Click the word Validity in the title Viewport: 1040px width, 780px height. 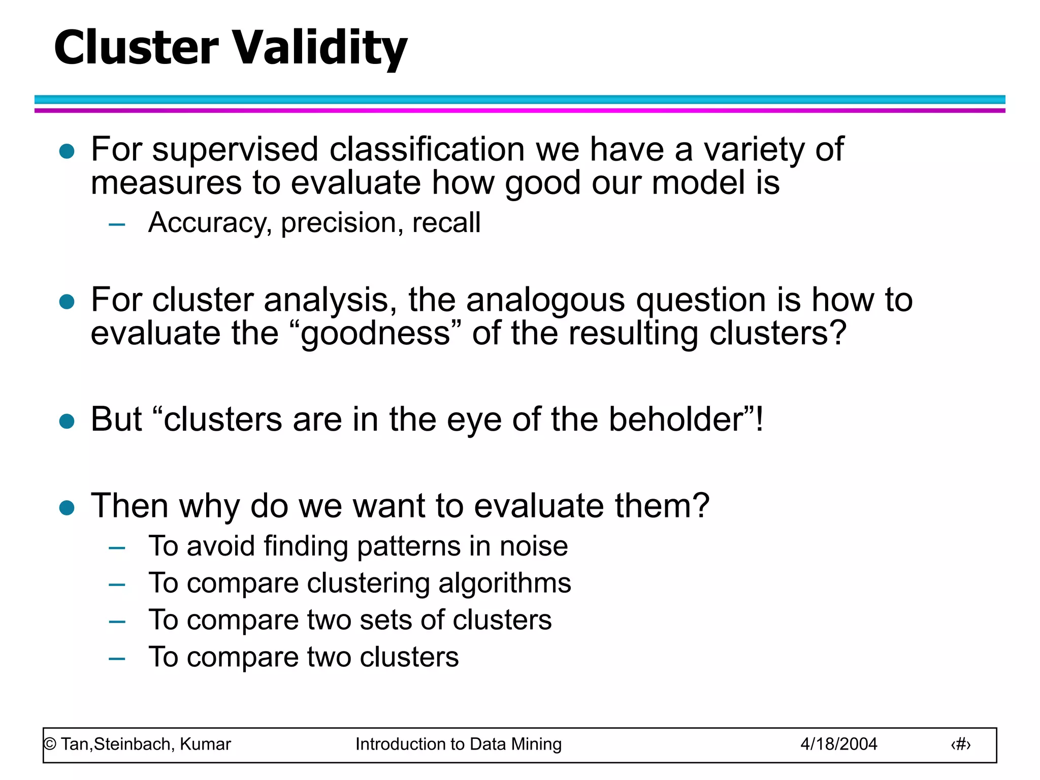click(320, 48)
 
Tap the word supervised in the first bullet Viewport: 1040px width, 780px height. click(235, 150)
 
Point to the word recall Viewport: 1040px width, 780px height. click(446, 223)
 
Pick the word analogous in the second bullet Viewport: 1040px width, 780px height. click(545, 301)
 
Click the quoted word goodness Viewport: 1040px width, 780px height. click(375, 334)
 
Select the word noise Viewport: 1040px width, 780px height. click(534, 547)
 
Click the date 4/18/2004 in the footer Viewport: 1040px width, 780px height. click(838, 744)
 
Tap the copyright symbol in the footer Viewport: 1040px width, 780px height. click(50, 744)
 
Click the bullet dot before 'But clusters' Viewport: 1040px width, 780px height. click(67, 421)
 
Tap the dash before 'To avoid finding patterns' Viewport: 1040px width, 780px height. click(117, 548)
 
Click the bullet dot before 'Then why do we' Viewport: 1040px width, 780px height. click(67, 507)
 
